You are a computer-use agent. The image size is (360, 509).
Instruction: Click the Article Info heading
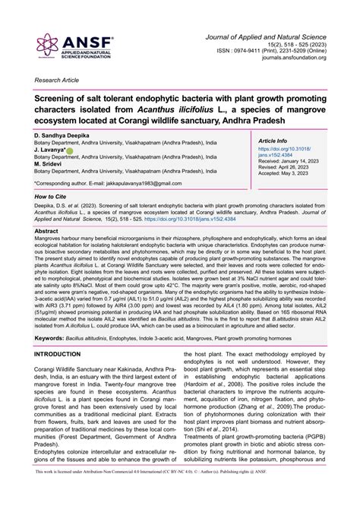point(273,141)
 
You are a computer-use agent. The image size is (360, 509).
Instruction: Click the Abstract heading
point(46,230)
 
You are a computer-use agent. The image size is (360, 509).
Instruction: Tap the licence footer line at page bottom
point(180,501)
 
